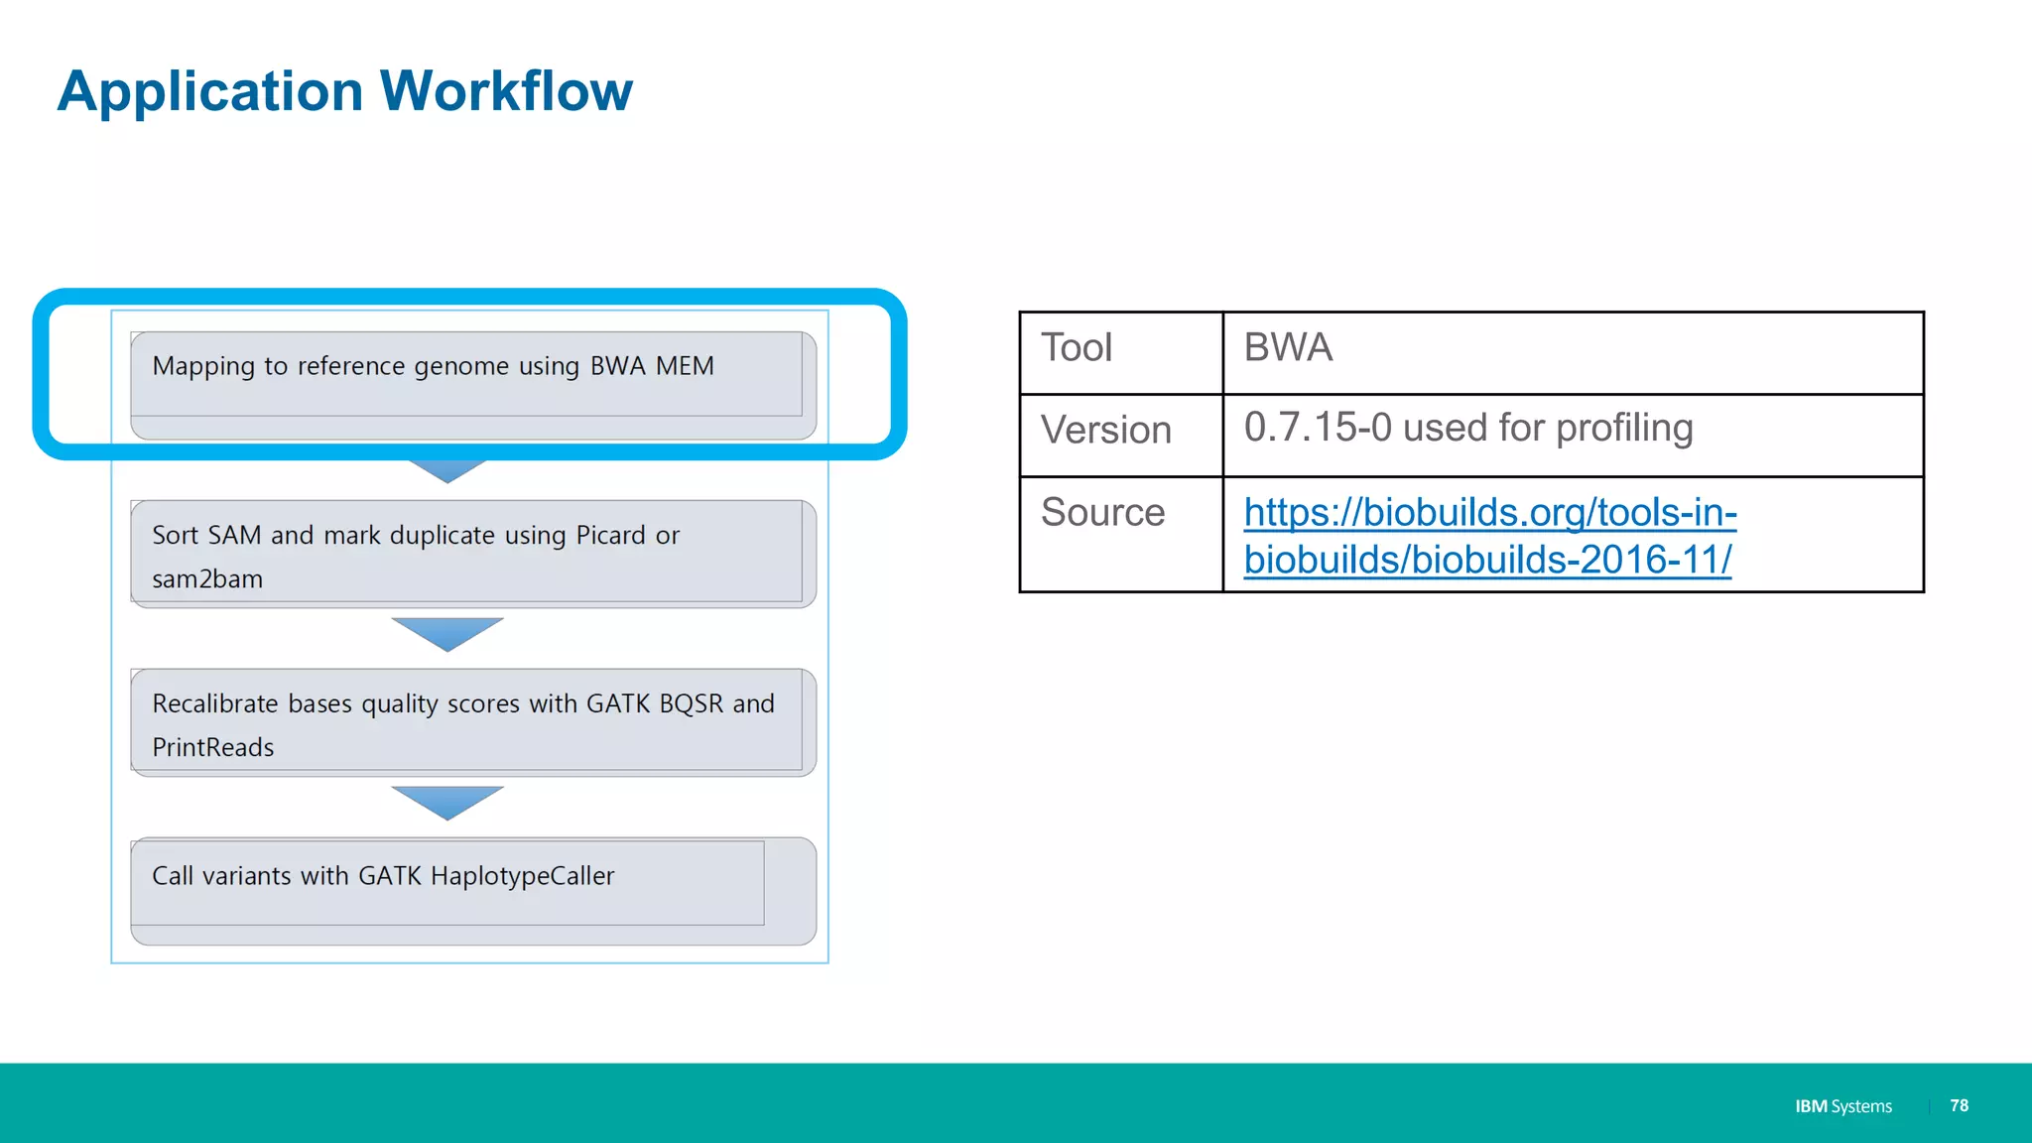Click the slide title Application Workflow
[x=344, y=91]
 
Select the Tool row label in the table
[x=1077, y=348]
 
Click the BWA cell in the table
[x=1288, y=348]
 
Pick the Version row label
[x=1105, y=431]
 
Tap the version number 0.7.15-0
[x=1318, y=428]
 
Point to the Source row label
[x=1102, y=513]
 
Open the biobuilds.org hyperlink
[x=1489, y=536]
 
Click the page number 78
[x=1959, y=1105]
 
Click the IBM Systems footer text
[x=1842, y=1106]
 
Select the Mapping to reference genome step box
[x=472, y=384]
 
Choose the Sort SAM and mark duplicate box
[x=472, y=554]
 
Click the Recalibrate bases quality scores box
[x=472, y=722]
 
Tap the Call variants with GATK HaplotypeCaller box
[x=472, y=890]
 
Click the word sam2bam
[x=207, y=579]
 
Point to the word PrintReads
[x=213, y=748]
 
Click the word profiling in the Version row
[x=1624, y=428]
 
